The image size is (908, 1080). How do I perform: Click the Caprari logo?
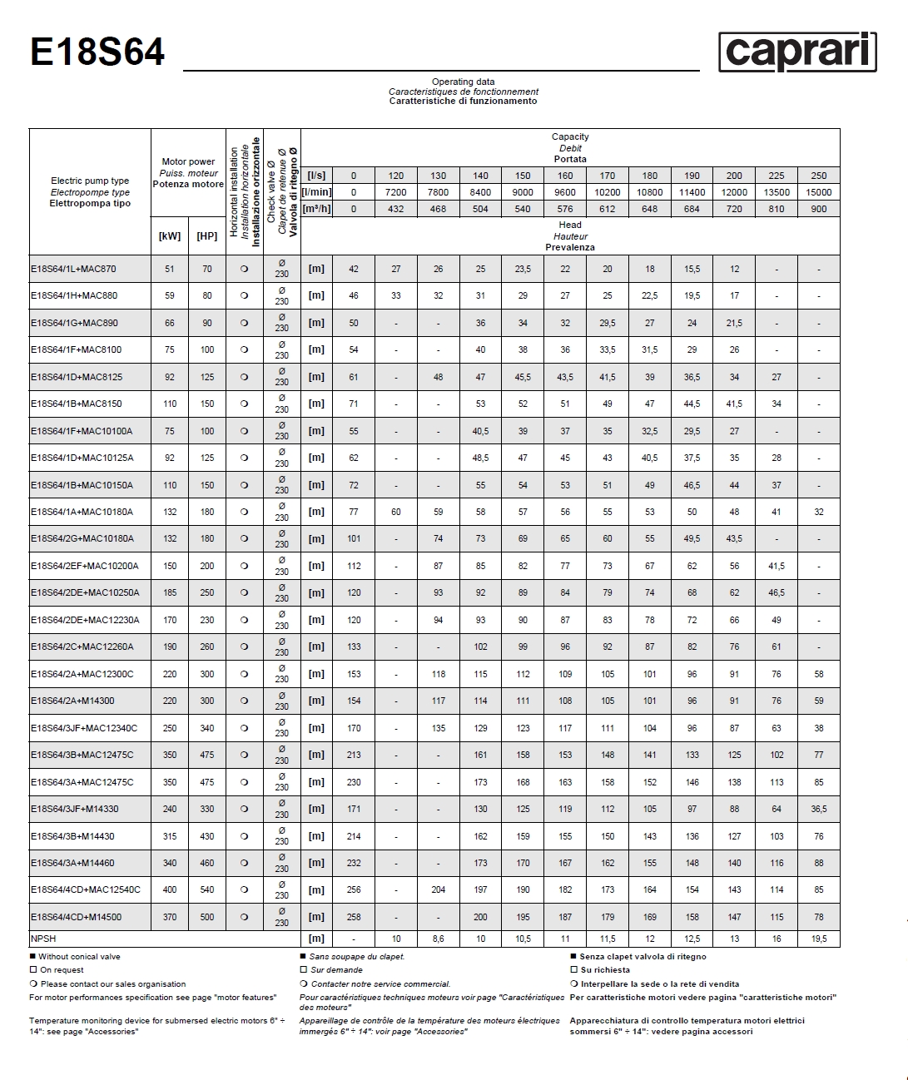797,52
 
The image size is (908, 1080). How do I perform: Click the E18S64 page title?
97,52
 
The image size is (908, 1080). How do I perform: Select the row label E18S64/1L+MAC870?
74,269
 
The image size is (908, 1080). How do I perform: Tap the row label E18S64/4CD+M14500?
76,917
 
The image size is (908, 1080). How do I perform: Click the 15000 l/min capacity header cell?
818,192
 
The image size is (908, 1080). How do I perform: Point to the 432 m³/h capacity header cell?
396,209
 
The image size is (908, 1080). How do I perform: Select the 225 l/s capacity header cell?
776,176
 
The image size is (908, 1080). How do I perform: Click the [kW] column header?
170,236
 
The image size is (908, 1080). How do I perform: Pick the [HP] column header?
206,236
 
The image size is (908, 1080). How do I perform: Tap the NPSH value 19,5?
818,939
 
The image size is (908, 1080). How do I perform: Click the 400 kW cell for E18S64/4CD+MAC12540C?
170,889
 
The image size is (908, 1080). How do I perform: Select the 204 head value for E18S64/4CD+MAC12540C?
439,889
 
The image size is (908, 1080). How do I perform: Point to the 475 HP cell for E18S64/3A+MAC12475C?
206,782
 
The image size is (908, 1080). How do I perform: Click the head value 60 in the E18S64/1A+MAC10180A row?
396,512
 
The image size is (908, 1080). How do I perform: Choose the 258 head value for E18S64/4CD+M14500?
354,917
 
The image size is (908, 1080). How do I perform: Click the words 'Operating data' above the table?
463,82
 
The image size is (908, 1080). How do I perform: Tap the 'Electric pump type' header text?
90,181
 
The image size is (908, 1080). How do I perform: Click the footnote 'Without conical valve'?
79,957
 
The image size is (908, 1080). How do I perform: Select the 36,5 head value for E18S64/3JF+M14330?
818,809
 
